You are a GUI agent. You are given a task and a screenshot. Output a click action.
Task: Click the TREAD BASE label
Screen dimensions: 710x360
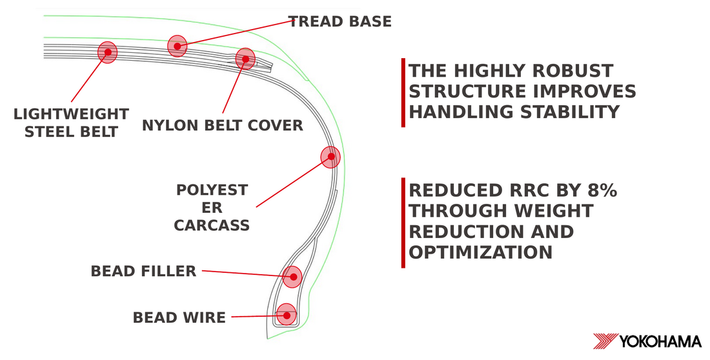[340, 21]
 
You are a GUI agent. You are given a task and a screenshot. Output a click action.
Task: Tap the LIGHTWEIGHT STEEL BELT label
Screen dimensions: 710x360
[71, 123]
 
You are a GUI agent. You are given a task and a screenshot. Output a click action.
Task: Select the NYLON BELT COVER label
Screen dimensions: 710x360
[222, 125]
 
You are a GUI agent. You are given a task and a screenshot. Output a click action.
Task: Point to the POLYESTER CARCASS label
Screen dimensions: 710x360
[212, 207]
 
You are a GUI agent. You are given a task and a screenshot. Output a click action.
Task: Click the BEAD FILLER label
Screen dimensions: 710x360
[143, 271]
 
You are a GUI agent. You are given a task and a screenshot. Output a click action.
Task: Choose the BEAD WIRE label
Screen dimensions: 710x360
[179, 317]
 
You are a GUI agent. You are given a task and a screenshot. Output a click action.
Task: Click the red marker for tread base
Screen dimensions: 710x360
[177, 46]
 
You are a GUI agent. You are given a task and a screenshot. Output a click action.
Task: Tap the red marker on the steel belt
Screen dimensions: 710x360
[108, 52]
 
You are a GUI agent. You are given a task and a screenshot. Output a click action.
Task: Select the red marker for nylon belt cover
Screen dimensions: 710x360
[245, 59]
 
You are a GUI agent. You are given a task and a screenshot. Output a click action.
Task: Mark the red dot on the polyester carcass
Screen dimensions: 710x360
[330, 157]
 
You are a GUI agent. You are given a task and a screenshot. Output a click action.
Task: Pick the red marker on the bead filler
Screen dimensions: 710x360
[292, 277]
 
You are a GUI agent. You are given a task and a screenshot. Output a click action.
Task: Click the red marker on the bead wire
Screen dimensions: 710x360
[286, 315]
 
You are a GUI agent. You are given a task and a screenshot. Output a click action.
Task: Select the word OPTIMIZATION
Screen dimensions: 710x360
[480, 252]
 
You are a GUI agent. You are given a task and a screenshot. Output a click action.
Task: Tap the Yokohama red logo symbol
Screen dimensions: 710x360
[605, 341]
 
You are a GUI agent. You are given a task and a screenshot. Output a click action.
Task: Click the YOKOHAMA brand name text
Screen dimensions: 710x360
[660, 341]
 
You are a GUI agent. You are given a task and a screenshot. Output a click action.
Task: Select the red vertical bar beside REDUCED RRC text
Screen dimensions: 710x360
[403, 223]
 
